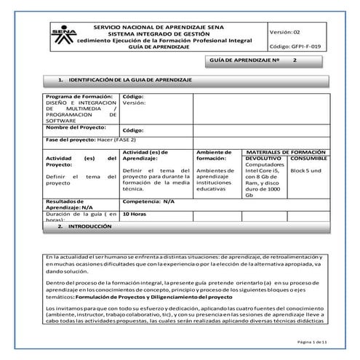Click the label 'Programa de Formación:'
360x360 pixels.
click(73, 95)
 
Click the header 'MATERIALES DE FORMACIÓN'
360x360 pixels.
click(285, 151)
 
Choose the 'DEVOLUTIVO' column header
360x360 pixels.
click(263, 158)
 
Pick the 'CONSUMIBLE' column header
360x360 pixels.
click(309, 158)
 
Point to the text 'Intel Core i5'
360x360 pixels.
click(263, 170)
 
